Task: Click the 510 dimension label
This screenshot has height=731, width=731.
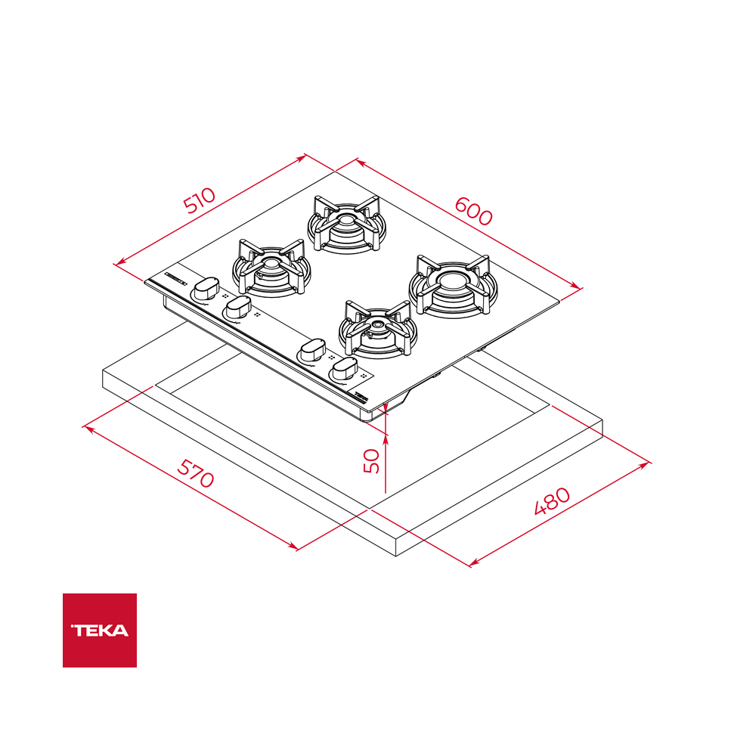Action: click(200, 200)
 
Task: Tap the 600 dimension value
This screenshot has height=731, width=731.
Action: click(473, 211)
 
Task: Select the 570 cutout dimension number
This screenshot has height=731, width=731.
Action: click(196, 473)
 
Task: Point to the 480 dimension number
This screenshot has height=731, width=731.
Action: click(552, 500)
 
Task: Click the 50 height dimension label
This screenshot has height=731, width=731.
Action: click(372, 460)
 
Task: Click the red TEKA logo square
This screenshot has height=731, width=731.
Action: click(100, 630)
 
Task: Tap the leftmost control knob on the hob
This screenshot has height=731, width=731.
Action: click(206, 289)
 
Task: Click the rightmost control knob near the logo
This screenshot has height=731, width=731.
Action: click(345, 368)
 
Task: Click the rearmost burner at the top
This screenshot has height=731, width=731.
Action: click(346, 223)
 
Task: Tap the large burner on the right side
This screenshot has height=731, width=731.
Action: click(453, 284)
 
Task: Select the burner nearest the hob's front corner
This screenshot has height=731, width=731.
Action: click(378, 329)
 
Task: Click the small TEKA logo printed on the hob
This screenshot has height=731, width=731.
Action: click(361, 397)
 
